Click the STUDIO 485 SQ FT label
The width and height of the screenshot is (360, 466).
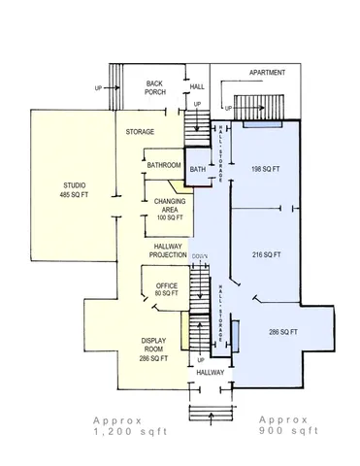tap(74, 190)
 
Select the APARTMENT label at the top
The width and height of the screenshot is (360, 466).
tap(268, 73)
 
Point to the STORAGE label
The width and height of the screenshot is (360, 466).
tap(141, 131)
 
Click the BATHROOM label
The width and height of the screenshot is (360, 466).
tap(164, 166)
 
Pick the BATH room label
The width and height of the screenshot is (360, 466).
tap(198, 171)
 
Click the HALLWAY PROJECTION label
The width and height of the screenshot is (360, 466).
tap(167, 251)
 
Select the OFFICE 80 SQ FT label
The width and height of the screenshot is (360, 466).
tap(166, 288)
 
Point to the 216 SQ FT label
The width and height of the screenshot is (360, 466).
tap(266, 254)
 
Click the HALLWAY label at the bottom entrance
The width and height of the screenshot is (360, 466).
tap(210, 372)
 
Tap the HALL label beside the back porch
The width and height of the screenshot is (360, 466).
tap(198, 86)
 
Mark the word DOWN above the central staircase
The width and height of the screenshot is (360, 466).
tap(199, 257)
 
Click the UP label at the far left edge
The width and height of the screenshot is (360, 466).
tap(97, 87)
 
